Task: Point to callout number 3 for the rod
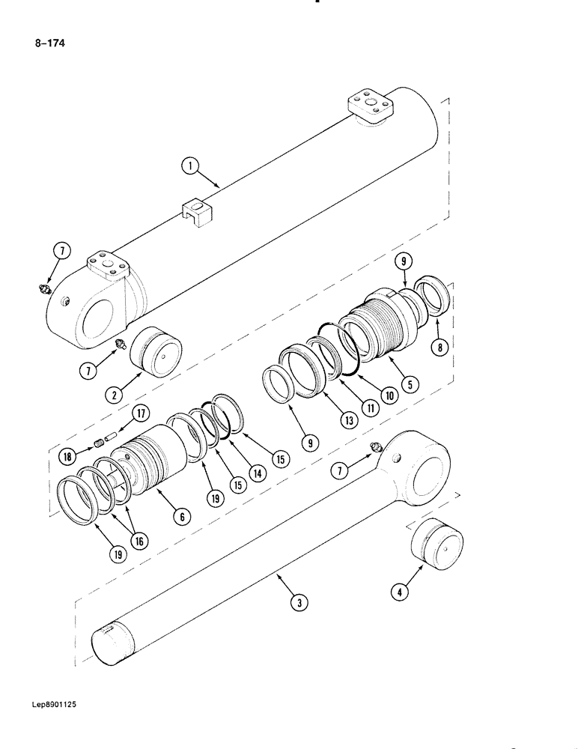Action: [x=298, y=600]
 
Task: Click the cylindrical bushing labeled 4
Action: [x=437, y=546]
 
